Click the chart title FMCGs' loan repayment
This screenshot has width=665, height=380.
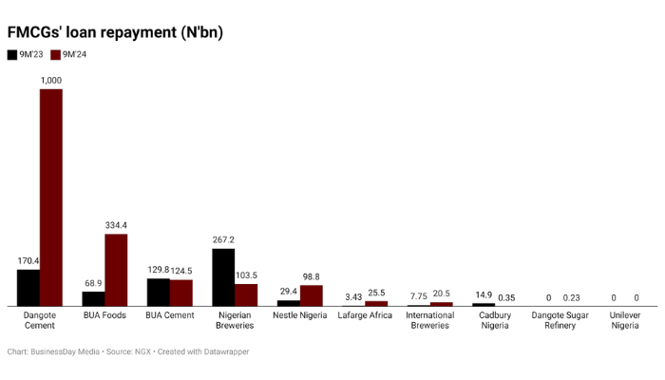[115, 32]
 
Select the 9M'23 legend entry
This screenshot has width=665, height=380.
[24, 55]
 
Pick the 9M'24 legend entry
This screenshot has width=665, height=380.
[67, 55]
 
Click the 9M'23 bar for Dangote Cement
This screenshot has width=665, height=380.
[28, 287]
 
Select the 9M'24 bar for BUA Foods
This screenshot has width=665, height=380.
[116, 270]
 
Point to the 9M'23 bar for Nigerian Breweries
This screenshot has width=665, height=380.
[223, 276]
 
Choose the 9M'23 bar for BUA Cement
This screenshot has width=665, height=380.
[158, 292]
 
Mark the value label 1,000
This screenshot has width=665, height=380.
[51, 81]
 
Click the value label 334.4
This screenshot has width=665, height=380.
[116, 225]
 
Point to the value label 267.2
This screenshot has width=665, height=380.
[223, 240]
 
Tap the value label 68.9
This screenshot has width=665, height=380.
[93, 283]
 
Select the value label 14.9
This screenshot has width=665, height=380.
[483, 295]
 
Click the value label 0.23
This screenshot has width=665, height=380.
[571, 297]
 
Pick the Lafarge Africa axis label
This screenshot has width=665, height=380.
[365, 315]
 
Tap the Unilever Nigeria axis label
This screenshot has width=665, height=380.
[624, 320]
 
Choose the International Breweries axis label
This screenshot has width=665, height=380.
[429, 320]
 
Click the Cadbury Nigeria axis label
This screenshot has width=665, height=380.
[494, 320]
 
